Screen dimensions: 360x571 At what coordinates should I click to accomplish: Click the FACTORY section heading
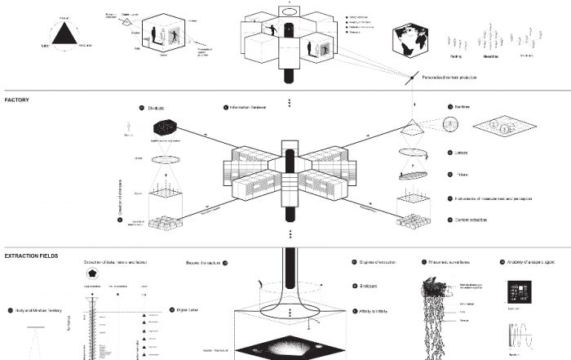[17, 100]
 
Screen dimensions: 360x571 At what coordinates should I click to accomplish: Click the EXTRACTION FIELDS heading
[31, 256]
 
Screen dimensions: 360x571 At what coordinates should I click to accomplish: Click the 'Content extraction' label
[471, 220]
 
